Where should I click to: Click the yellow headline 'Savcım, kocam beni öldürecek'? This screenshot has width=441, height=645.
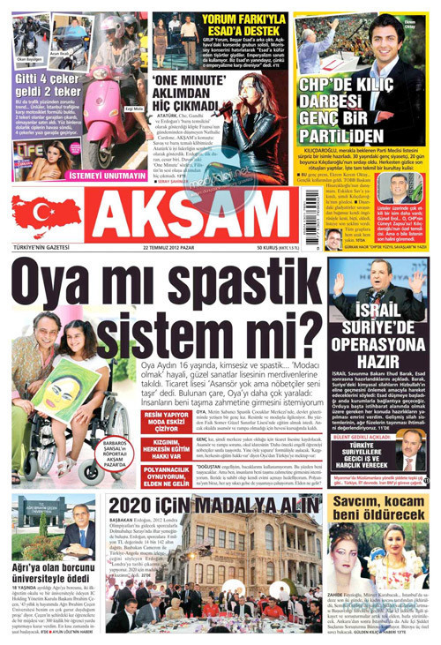point(378,506)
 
